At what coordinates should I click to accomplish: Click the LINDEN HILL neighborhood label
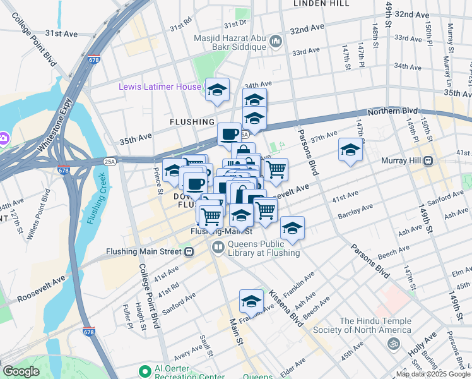(322, 4)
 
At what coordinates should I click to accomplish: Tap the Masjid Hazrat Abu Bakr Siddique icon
(275, 42)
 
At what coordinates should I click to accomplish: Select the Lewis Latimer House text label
(160, 87)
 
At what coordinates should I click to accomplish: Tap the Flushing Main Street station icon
(189, 251)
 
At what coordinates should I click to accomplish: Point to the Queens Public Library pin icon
(218, 247)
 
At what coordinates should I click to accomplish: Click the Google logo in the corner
(21, 371)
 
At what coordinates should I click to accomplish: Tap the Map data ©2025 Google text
(433, 374)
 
